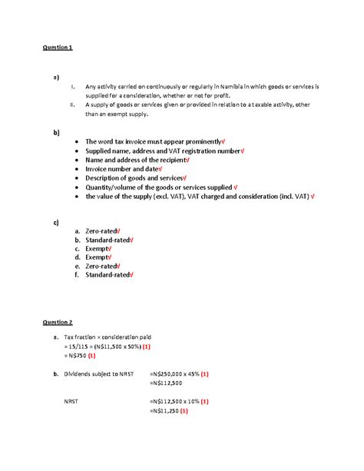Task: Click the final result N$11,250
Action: pyautogui.click(x=174, y=411)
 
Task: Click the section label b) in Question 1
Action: pyautogui.click(x=55, y=132)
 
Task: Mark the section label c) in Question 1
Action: pyautogui.click(x=55, y=222)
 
